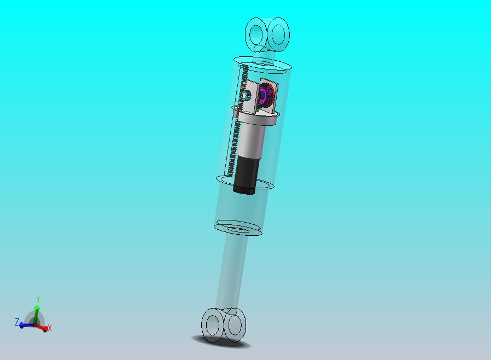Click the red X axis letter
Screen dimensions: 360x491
pos(49,328)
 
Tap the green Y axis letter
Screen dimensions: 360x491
pos(38,299)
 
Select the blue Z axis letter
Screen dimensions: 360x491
pos(17,322)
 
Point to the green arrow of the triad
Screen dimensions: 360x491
pos(37,313)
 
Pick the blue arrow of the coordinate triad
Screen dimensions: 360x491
pos(25,325)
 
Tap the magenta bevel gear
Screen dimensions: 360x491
pos(266,95)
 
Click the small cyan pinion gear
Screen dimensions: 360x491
pos(246,97)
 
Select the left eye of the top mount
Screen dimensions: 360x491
pos(256,34)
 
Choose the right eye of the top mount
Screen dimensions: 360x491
pos(278,33)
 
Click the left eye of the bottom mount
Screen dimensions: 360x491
pos(213,323)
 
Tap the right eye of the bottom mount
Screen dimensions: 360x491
pos(236,323)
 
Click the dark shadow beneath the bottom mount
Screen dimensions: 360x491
pos(221,342)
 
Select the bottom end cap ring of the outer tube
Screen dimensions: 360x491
pos(238,228)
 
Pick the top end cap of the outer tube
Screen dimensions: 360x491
pos(262,65)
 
